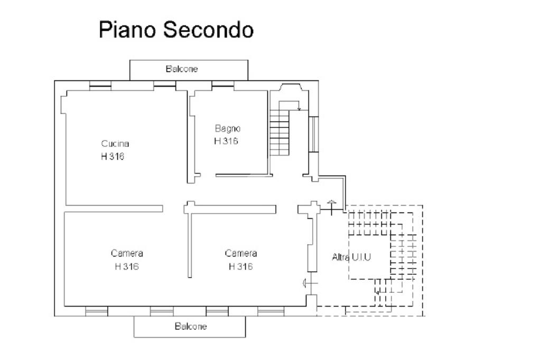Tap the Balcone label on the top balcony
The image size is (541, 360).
pyautogui.click(x=182, y=69)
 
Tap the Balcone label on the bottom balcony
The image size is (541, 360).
pyautogui.click(x=191, y=326)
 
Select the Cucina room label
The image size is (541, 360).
pyautogui.click(x=115, y=143)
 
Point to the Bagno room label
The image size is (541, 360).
pyautogui.click(x=228, y=128)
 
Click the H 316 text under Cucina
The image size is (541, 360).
pyautogui.click(x=113, y=156)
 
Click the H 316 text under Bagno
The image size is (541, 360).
pyautogui.click(x=226, y=141)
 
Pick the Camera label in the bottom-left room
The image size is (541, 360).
pyautogui.click(x=127, y=253)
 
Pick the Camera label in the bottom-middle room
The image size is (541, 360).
pyautogui.click(x=241, y=253)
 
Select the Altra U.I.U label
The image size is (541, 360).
pyautogui.click(x=351, y=257)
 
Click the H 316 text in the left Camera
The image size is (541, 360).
pyautogui.click(x=127, y=266)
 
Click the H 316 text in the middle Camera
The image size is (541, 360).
pyautogui.click(x=241, y=266)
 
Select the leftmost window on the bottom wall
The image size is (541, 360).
pyautogui.click(x=97, y=311)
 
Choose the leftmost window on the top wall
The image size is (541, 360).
pyautogui.click(x=100, y=86)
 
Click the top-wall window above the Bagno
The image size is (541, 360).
pyautogui.click(x=222, y=86)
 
